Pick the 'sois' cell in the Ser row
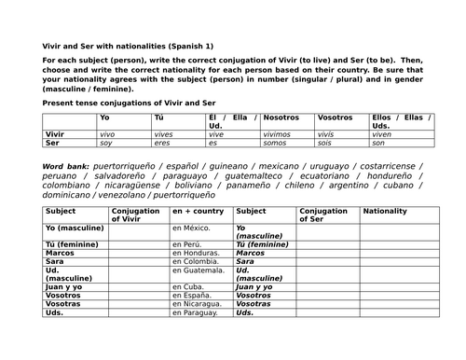(327, 143)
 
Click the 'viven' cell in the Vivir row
(383, 134)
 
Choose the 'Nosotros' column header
(281, 118)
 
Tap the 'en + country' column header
(199, 211)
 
